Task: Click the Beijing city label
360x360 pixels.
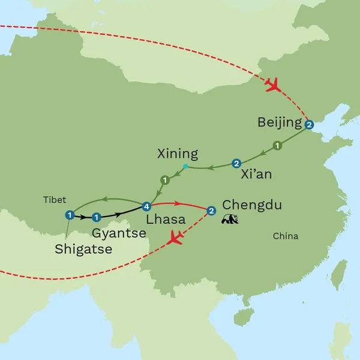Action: click(x=279, y=123)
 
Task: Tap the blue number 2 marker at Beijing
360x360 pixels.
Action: click(x=309, y=125)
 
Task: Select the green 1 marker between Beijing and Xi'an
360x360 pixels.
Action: click(x=277, y=145)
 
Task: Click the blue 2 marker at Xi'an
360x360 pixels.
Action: click(x=236, y=163)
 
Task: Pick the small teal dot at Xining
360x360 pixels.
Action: click(x=186, y=166)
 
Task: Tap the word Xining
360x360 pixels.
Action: click(x=177, y=153)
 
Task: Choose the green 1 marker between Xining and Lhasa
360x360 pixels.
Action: click(x=165, y=179)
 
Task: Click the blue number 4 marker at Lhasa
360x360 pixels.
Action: click(x=147, y=206)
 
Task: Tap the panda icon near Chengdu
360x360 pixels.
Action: click(x=229, y=220)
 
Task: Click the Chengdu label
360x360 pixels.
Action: click(x=251, y=206)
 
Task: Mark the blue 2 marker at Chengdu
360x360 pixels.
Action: click(x=211, y=211)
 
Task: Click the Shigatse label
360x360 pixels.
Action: click(x=83, y=249)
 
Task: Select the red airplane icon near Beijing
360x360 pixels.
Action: click(x=273, y=85)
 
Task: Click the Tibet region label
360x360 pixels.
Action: click(x=54, y=200)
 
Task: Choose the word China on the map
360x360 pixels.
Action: click(x=286, y=236)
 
